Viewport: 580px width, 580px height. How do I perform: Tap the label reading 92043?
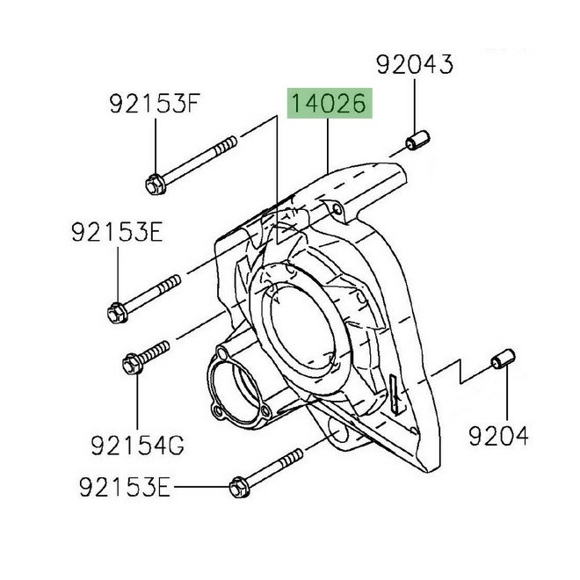[415, 64]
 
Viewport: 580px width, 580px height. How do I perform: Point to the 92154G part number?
[136, 446]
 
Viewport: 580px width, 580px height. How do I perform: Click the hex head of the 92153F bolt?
[156, 185]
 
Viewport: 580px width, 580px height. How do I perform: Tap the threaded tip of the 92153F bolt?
[232, 140]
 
